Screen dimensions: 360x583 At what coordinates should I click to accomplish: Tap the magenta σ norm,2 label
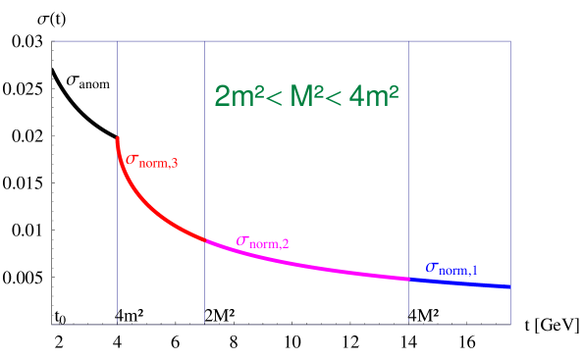coord(262,241)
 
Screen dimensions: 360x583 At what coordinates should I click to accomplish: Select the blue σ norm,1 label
coord(451,268)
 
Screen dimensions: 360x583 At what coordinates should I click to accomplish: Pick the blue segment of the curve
coord(461,283)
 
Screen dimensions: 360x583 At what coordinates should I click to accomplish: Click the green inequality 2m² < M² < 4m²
coord(306,97)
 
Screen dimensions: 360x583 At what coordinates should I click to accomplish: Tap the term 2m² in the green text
coord(236,97)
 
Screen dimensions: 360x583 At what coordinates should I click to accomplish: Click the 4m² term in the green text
coord(377,97)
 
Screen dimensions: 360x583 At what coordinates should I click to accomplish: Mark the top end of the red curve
coord(117,138)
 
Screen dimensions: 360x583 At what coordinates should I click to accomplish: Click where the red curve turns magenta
coord(205,238)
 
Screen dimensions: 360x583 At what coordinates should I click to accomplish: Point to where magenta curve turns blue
coord(409,279)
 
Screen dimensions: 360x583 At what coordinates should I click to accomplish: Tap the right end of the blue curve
coord(510,286)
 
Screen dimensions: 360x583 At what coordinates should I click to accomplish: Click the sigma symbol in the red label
coord(132,159)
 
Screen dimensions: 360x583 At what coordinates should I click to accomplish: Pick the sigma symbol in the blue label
coord(432,267)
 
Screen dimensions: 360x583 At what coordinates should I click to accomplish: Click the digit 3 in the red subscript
coord(174,165)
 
